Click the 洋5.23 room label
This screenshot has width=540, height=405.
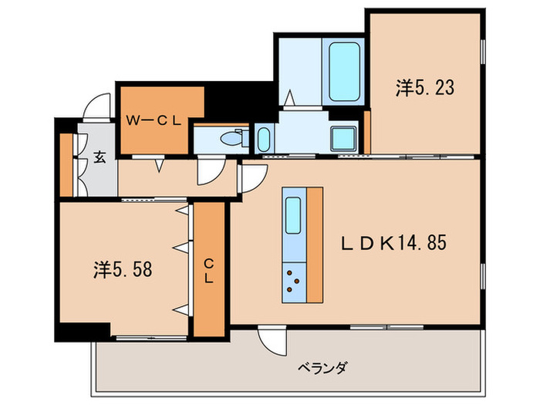point(424,89)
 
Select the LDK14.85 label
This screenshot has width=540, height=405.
point(395,243)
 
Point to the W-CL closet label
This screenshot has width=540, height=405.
point(154,120)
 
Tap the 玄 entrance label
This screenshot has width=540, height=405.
point(100,158)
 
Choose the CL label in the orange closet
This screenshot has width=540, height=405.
point(208,272)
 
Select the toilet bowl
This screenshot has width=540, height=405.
point(230,140)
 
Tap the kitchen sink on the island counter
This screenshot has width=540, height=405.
point(293,217)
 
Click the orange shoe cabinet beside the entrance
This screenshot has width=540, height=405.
point(66,165)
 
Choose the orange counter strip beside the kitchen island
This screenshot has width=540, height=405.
point(314,245)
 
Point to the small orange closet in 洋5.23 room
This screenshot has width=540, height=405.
point(367,131)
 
